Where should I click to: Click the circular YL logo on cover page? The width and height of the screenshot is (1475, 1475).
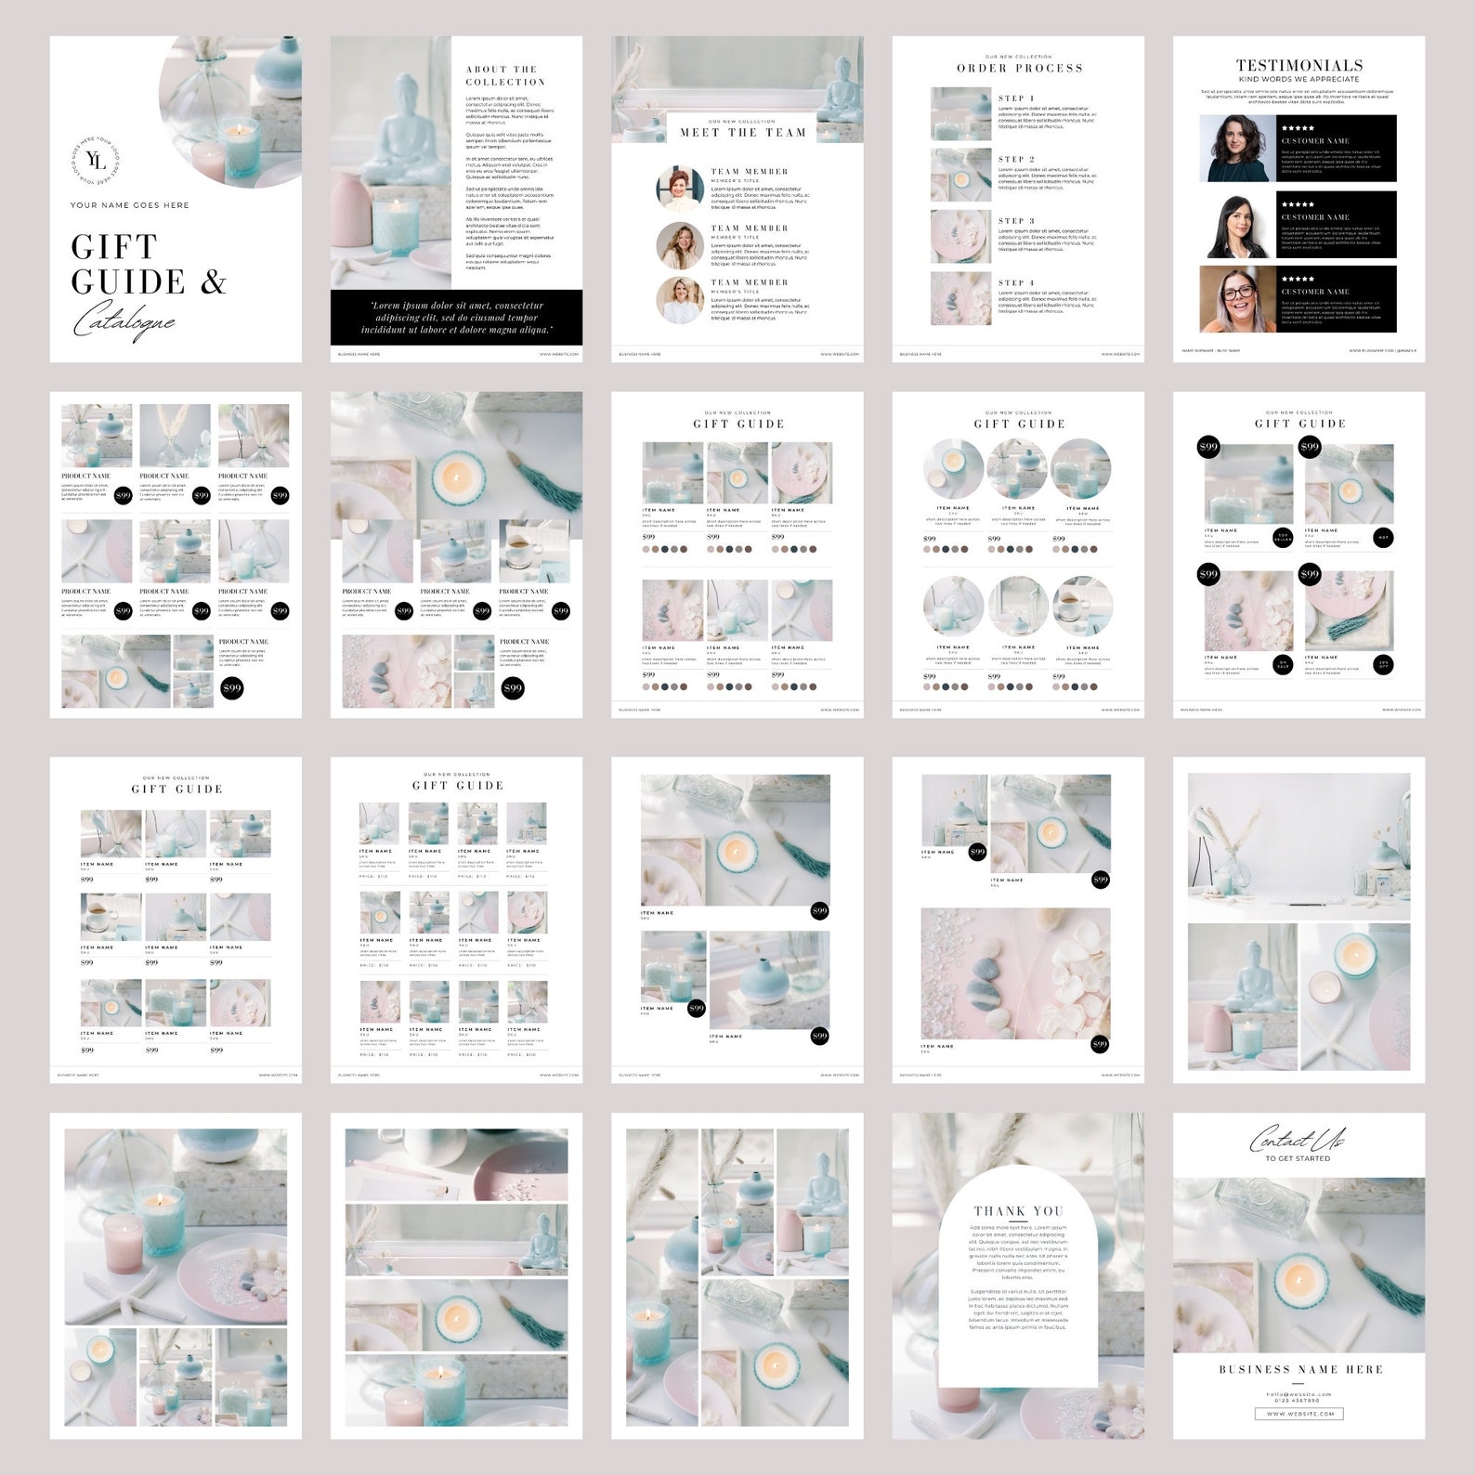97,163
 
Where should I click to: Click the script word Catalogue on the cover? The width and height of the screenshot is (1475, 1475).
124,323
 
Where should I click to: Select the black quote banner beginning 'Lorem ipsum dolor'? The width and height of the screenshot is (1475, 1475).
456,317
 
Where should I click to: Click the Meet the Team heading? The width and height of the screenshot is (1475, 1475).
742,133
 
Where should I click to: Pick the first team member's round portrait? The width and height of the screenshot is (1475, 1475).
680,189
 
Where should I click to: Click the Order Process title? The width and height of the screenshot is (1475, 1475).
1019,69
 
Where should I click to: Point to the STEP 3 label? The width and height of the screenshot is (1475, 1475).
1015,221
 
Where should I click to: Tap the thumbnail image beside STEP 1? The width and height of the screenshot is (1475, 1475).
960,113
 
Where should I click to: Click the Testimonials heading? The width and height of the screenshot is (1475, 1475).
1299,65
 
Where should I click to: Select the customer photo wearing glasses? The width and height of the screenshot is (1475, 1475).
1237,299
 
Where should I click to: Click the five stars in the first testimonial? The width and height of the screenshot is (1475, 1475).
1298,128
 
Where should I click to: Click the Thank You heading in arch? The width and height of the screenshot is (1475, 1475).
1018,1210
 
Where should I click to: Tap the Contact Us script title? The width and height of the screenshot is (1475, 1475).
1297,1139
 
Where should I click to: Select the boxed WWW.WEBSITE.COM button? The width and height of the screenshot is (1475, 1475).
1299,1414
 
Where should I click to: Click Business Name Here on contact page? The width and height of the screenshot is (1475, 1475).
1299,1369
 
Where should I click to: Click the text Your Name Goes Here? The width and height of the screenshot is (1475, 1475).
129,205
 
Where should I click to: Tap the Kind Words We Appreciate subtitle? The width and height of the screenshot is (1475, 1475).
1299,80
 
